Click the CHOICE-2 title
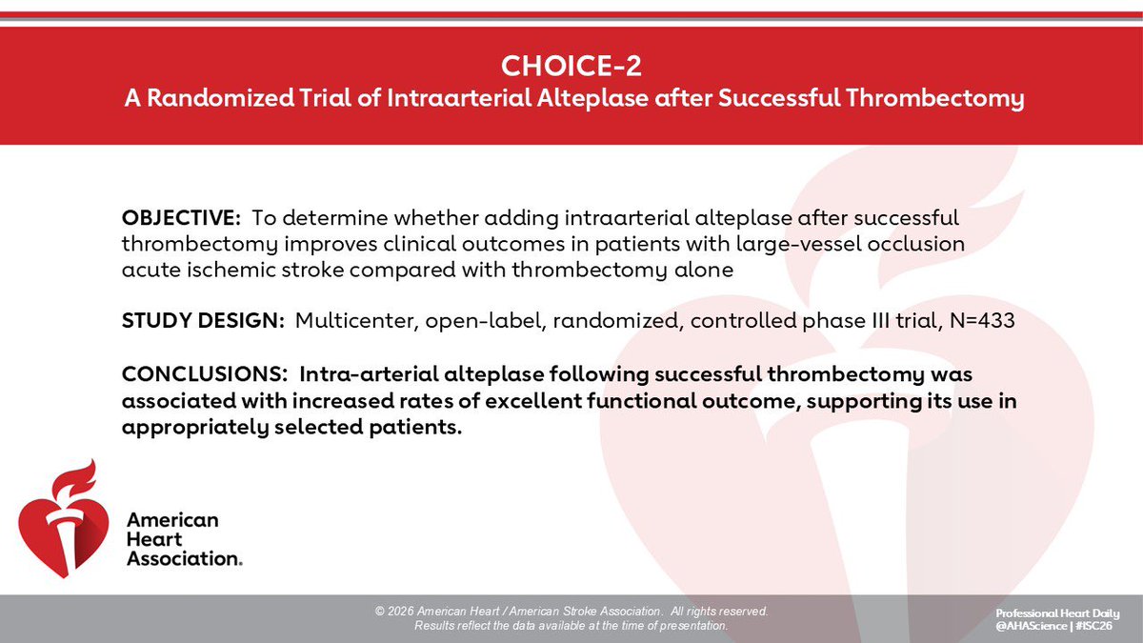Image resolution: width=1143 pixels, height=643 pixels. click(571, 66)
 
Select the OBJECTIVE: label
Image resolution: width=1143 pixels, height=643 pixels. click(181, 218)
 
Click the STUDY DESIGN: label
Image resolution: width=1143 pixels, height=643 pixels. click(203, 320)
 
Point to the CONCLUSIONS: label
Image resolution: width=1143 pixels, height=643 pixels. click(205, 374)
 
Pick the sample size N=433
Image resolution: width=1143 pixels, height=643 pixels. click(982, 320)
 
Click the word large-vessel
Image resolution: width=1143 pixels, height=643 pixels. click(798, 245)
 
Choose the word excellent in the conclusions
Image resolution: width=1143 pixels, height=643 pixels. click(533, 401)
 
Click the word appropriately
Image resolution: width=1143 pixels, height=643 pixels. click(195, 428)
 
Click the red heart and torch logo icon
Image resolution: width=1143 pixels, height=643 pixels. click(63, 519)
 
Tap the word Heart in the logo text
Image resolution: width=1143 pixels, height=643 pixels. click(154, 539)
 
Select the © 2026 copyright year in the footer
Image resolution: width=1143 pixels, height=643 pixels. click(394, 612)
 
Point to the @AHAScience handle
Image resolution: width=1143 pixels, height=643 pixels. click(1032, 626)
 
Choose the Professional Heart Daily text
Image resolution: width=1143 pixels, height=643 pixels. click(1057, 613)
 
